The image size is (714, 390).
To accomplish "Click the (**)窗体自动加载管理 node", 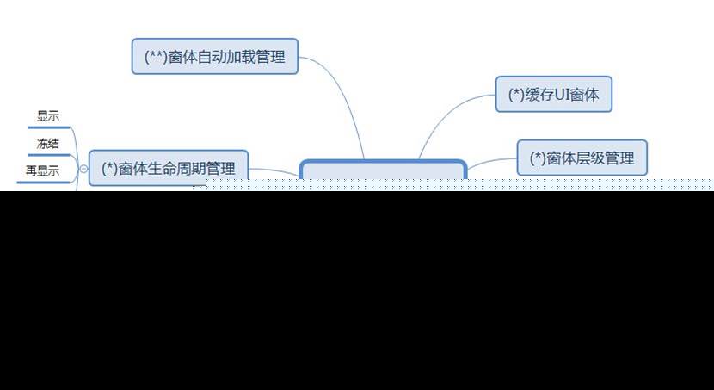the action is (x=215, y=56).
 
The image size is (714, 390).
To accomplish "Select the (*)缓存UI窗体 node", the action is (x=553, y=94).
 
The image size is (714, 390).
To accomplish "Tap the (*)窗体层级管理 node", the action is (x=582, y=158).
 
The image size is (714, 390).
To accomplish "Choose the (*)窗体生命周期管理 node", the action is (x=169, y=167).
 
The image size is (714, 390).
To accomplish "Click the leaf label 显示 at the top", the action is (x=48, y=116).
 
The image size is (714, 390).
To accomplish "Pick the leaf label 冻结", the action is (x=48, y=143).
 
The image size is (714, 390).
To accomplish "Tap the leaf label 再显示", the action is (x=43, y=170).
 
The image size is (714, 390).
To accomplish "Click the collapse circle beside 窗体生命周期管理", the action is (x=83, y=168).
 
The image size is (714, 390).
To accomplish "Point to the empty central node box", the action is (x=382, y=170).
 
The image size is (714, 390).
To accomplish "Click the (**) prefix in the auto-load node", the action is (x=155, y=56).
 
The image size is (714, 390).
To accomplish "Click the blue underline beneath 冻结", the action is (x=47, y=154).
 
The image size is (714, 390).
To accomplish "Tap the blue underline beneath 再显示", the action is (x=43, y=181).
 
